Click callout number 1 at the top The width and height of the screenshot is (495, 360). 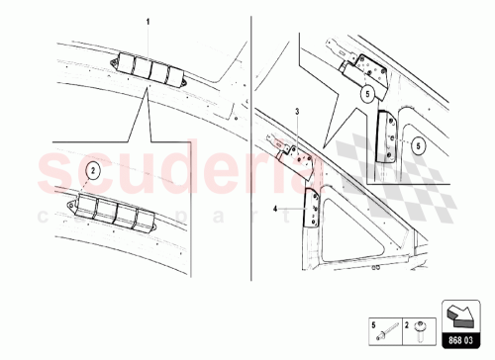click(149, 21)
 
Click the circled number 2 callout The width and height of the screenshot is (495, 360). click(91, 170)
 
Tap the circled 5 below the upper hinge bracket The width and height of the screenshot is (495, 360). click(367, 95)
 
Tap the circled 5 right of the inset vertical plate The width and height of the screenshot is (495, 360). click(419, 144)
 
